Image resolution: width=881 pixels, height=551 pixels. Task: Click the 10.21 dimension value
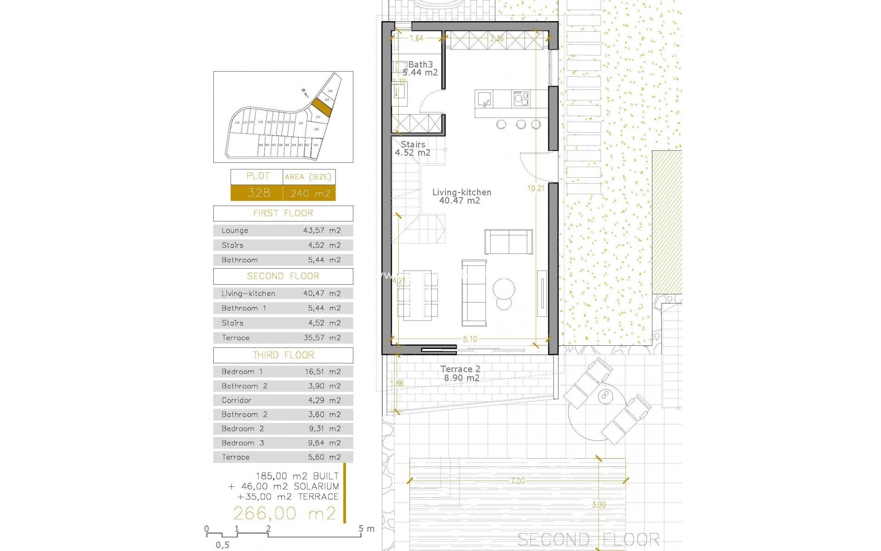(536, 188)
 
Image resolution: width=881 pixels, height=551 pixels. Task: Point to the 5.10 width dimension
(470, 339)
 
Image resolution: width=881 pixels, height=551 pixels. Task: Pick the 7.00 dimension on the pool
(518, 481)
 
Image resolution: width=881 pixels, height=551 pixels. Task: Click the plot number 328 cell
(258, 193)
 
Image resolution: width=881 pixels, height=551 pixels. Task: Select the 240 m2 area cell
(310, 193)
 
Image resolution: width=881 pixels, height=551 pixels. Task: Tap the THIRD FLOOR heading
(283, 355)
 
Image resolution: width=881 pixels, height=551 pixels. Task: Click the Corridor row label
(236, 400)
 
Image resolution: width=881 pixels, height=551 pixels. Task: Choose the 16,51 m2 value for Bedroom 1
(323, 372)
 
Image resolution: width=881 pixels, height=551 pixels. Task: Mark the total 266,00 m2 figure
(285, 513)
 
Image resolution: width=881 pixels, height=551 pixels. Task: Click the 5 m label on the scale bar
(367, 529)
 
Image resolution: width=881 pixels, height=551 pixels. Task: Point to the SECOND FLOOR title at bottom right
(588, 539)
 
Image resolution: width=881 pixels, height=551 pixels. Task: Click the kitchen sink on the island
(485, 98)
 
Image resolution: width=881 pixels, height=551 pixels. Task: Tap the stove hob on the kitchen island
(521, 98)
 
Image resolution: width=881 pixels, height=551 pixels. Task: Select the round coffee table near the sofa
(505, 289)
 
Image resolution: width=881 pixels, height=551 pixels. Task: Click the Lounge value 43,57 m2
(322, 231)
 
